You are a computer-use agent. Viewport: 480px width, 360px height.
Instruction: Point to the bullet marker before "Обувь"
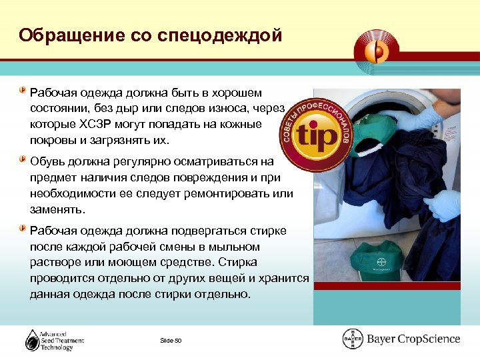tap(23, 160)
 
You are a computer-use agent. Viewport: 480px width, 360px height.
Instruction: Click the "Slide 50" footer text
tap(171, 341)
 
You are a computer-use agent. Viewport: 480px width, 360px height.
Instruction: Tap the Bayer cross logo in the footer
tap(352, 339)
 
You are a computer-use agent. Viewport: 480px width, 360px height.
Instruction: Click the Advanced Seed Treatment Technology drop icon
tap(33, 341)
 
